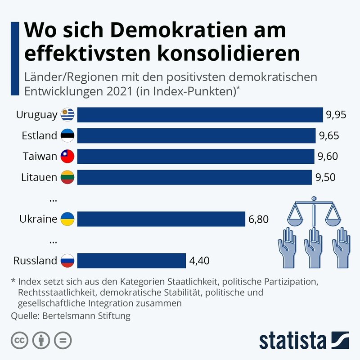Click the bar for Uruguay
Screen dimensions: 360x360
(200, 115)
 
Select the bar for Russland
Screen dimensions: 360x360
(131, 261)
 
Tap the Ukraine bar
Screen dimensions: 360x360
(161, 219)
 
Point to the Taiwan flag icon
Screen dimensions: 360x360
(67, 157)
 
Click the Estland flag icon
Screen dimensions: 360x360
(67, 135)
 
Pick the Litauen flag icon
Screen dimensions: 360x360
(67, 177)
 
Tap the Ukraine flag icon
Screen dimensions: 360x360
(67, 219)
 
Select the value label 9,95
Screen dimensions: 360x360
(336, 115)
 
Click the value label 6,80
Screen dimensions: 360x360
(258, 219)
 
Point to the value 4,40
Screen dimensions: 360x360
(199, 261)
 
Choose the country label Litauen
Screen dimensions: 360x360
(39, 177)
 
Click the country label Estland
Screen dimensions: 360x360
(40, 135)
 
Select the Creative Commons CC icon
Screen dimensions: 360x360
(19, 340)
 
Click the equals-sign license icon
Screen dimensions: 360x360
(63, 340)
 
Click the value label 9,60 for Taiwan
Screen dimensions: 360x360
(327, 157)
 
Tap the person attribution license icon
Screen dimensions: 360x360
(41, 340)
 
